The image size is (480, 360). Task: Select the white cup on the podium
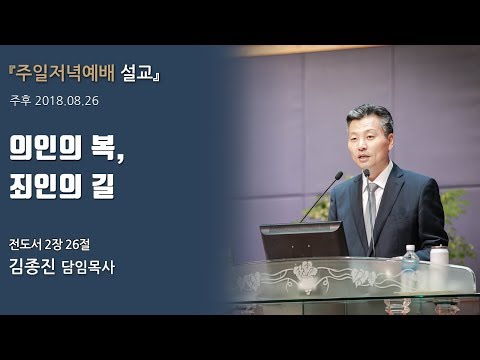(x=438, y=259)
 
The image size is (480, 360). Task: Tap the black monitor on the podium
(x=304, y=240)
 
